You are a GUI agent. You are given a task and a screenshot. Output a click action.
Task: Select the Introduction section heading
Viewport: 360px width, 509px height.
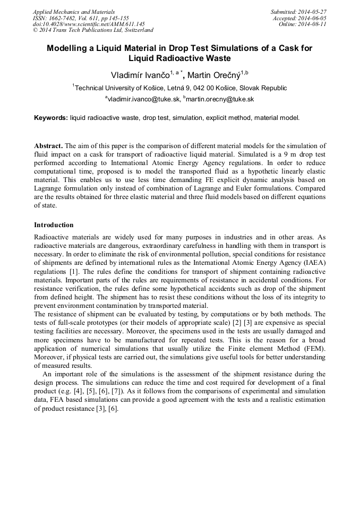(54, 225)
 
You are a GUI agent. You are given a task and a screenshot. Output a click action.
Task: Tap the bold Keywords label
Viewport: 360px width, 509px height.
(51, 118)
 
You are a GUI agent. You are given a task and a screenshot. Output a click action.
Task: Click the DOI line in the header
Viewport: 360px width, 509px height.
(89, 24)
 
